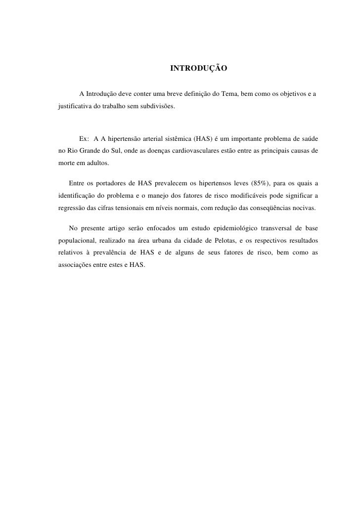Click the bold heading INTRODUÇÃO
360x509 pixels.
pos(198,67)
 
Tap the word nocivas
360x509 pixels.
pos(301,210)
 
